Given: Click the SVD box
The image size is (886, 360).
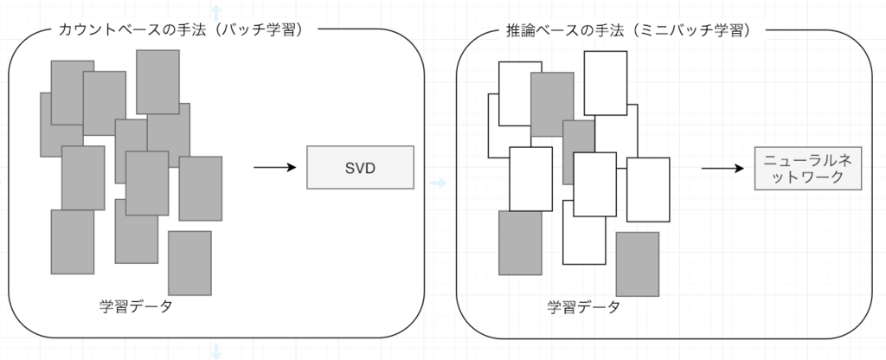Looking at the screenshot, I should click(x=361, y=168).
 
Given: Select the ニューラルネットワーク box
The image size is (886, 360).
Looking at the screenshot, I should click(x=809, y=169).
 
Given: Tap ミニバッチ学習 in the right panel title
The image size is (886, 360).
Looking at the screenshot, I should click(x=702, y=29).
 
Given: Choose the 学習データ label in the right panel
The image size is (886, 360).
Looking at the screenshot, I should click(x=583, y=306).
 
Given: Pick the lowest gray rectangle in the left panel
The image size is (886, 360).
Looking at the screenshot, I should click(x=189, y=263).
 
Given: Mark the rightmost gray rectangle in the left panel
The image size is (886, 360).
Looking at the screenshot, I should click(x=201, y=189).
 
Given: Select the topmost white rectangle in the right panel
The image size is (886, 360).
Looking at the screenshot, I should click(x=606, y=83).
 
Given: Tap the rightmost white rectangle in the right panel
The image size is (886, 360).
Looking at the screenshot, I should click(x=648, y=190).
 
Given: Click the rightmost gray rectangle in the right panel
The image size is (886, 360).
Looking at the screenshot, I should click(x=638, y=264).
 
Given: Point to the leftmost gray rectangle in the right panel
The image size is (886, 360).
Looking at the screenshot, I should click(x=520, y=243).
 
